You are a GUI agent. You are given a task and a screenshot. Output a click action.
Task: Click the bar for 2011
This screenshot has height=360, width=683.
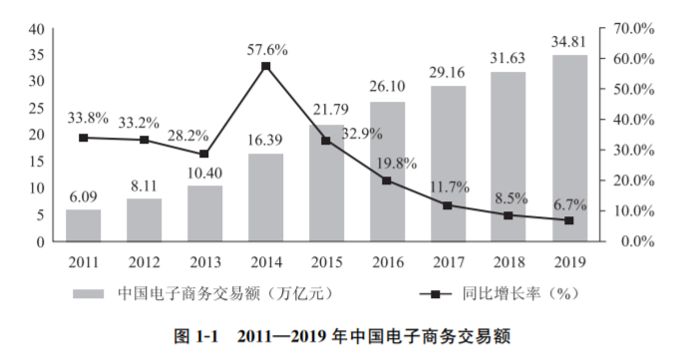coord(84,225)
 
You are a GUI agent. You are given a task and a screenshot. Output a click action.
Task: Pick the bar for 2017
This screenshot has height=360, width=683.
coord(448,164)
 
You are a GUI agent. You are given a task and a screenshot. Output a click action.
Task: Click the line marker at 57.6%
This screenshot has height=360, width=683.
coord(266,67)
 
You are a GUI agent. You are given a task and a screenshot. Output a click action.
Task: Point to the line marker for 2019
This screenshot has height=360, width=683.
coord(569,220)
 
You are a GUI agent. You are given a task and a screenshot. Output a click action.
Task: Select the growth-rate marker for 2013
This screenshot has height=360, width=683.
coord(204,155)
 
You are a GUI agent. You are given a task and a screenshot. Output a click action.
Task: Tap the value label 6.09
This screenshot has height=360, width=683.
coord(84,196)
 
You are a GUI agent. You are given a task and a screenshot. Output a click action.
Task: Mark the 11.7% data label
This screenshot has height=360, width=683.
coord(448,186)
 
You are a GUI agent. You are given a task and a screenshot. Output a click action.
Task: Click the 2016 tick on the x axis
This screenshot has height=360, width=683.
coord(387,261)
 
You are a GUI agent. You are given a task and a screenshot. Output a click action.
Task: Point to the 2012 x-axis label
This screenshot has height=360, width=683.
coord(145,261)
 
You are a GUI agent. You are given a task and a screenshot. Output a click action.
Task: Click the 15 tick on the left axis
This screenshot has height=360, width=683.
coord(35,162)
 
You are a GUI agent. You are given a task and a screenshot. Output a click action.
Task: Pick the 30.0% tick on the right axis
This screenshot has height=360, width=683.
coord(632,150)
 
